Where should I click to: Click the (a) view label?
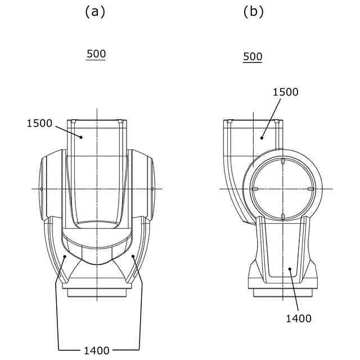click(95, 11)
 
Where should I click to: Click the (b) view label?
click(253, 11)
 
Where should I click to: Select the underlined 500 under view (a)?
click(96, 54)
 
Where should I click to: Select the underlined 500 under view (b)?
click(253, 57)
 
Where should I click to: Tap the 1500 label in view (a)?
click(39, 123)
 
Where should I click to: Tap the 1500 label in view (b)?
click(285, 92)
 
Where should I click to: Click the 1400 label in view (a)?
click(97, 350)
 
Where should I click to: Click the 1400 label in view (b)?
click(298, 318)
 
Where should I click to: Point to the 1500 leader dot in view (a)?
click(80, 136)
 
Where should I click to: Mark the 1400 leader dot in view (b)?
click(290, 270)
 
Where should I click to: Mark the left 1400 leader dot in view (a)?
click(66, 256)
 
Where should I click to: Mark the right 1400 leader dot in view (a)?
click(133, 256)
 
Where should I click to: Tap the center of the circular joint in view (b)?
click(281, 188)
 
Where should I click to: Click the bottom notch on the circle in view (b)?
click(281, 215)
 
